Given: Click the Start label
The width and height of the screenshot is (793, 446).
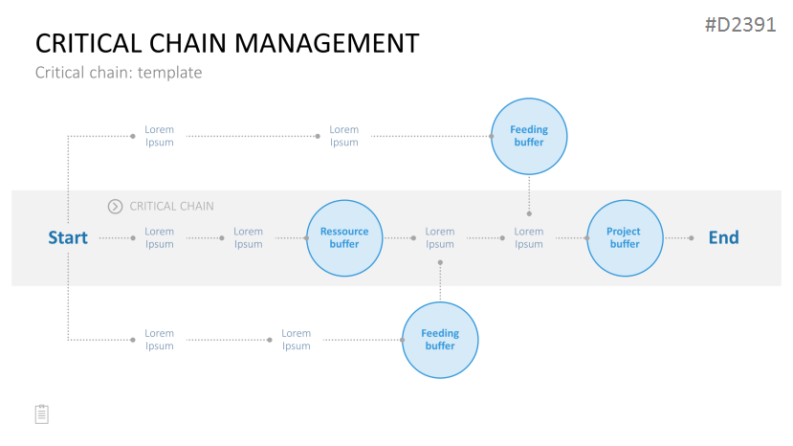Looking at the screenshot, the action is click(x=68, y=237).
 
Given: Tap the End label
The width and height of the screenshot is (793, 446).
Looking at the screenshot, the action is click(x=723, y=237).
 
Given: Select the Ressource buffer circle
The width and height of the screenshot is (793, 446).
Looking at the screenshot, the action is click(x=344, y=238).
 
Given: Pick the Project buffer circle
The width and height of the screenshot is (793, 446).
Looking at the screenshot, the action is click(x=625, y=238).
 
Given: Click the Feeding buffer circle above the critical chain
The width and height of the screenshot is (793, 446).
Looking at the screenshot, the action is click(x=529, y=136).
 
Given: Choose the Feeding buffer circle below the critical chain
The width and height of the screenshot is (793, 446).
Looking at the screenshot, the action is click(x=440, y=340).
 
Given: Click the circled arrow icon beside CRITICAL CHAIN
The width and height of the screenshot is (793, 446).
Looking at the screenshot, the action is click(x=115, y=207).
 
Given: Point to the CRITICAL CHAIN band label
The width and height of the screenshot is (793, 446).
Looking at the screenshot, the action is click(x=171, y=207).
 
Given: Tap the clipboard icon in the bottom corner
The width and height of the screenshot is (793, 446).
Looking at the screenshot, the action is click(x=42, y=414).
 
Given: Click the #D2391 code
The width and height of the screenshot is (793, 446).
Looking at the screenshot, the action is click(x=740, y=25).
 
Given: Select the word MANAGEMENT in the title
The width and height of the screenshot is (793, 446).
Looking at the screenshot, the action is click(x=327, y=43).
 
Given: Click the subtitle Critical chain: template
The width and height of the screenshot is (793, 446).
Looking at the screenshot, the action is click(x=119, y=73).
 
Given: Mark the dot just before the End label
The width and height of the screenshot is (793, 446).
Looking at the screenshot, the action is click(x=692, y=238).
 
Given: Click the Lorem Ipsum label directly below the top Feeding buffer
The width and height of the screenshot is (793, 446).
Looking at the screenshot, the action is click(x=528, y=237).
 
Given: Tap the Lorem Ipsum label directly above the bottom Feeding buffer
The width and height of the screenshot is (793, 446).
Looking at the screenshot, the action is click(x=439, y=237).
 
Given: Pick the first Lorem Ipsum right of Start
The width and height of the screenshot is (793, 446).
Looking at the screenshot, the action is click(x=160, y=237).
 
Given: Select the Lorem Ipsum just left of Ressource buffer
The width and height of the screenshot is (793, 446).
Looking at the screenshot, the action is click(x=248, y=237).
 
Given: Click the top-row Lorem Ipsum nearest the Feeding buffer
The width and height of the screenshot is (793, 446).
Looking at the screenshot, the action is click(x=344, y=136).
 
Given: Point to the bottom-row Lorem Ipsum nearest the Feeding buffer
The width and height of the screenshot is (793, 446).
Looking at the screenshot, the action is click(x=296, y=339).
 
